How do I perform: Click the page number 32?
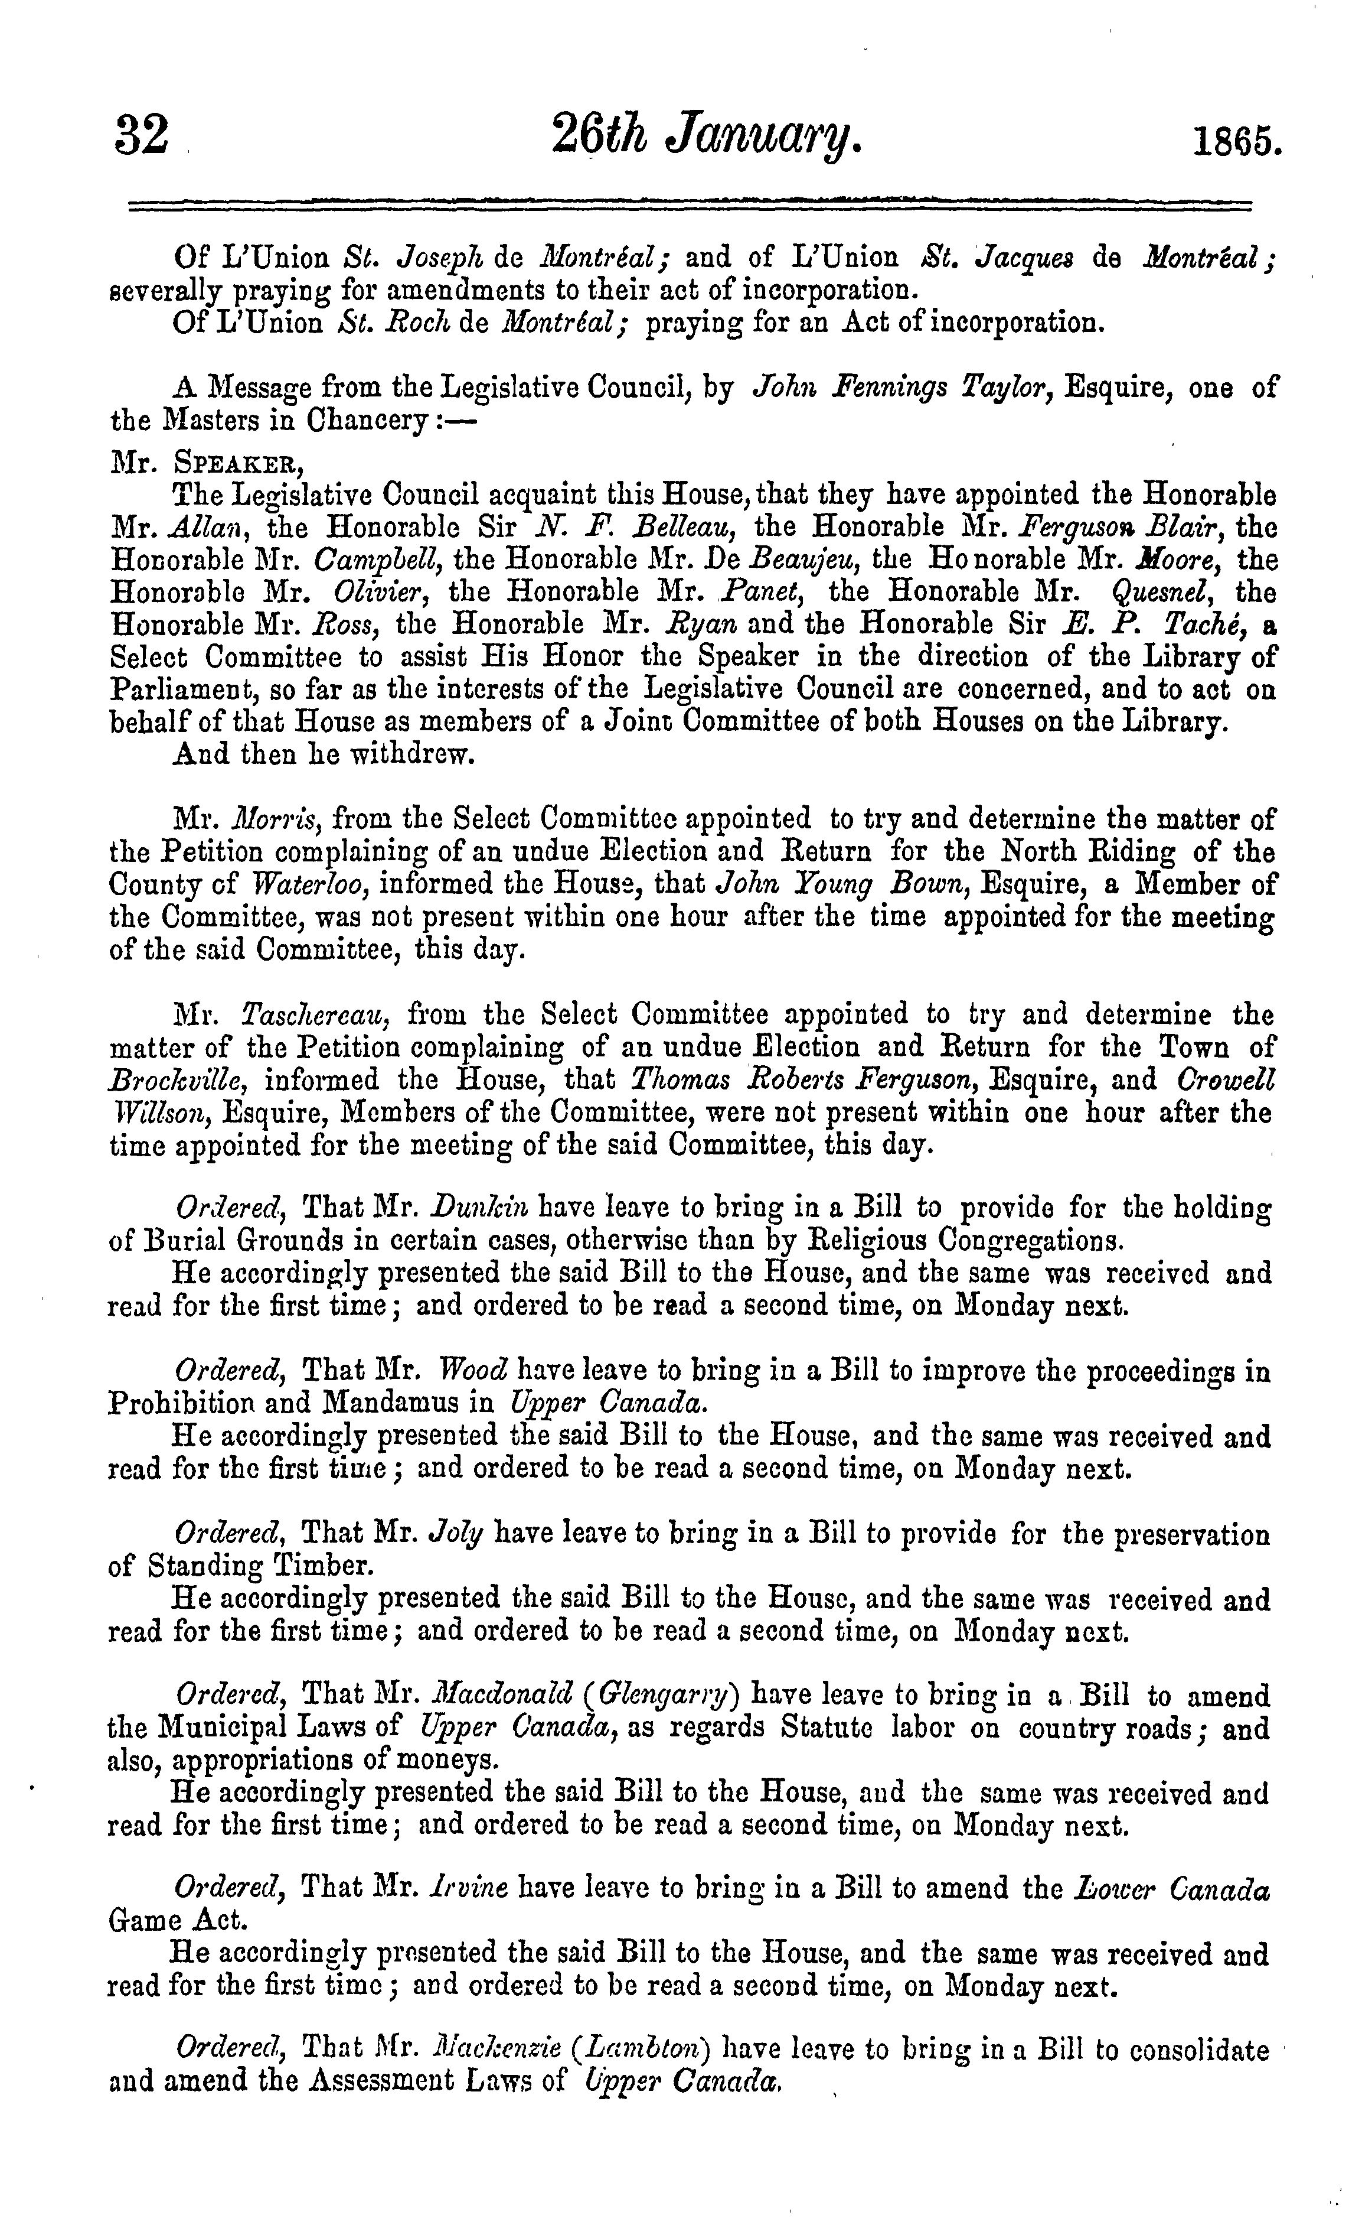click(142, 136)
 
